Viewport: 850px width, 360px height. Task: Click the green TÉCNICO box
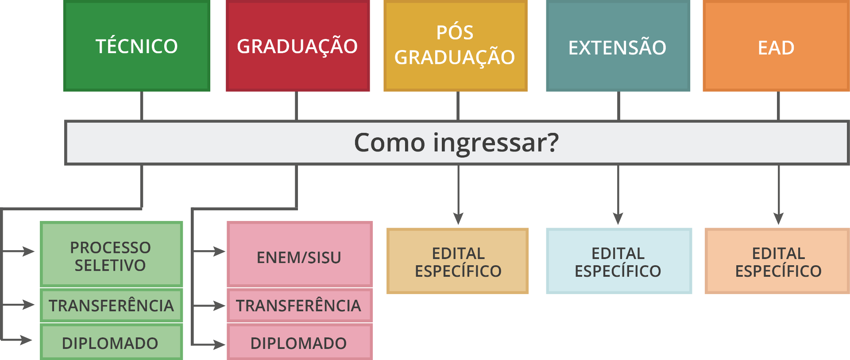(x=136, y=46)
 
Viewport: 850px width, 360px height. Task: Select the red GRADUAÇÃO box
(x=297, y=46)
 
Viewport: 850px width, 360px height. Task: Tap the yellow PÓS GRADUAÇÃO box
(x=455, y=46)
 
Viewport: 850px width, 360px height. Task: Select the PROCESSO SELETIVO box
(x=111, y=254)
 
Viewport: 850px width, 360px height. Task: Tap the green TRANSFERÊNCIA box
(x=111, y=305)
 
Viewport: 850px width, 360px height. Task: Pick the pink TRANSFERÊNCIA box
(x=299, y=305)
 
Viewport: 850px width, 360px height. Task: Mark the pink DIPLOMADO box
(x=299, y=343)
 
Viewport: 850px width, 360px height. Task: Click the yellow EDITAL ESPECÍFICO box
(x=458, y=261)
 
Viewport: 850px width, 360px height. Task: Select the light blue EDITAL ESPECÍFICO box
(x=618, y=261)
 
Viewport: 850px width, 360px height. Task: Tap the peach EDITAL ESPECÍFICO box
(x=778, y=261)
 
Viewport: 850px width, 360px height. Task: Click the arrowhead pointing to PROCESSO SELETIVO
(x=29, y=252)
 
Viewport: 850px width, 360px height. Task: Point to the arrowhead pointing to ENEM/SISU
(x=220, y=252)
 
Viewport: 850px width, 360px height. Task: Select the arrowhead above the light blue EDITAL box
(x=618, y=218)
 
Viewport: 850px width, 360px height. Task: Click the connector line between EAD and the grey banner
(x=778, y=106)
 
